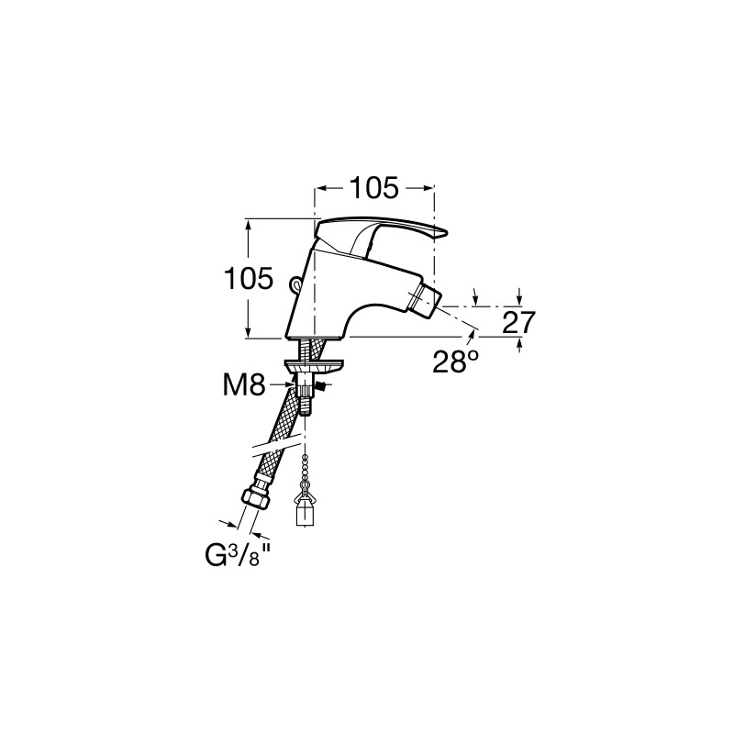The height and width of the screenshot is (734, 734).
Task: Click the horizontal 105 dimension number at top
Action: tap(374, 188)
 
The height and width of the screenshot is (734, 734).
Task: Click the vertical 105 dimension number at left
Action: tap(248, 279)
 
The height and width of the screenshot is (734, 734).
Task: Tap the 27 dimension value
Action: tap(518, 322)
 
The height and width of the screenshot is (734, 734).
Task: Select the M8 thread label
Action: tap(244, 386)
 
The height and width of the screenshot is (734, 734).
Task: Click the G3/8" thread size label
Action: tap(238, 556)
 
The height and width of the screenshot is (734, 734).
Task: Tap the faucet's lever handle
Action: tap(380, 235)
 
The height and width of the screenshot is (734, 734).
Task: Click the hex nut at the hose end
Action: tap(256, 498)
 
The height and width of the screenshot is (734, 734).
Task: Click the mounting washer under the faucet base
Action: tap(314, 364)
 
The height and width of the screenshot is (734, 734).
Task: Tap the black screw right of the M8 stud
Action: tap(322, 385)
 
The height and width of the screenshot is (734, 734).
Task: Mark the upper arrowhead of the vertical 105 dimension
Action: tap(249, 224)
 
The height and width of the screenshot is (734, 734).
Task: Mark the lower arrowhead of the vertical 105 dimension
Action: tap(249, 332)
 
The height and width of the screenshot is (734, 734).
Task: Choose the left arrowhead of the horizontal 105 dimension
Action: tap(321, 188)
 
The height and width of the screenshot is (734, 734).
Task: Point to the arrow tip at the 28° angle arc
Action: tap(473, 333)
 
